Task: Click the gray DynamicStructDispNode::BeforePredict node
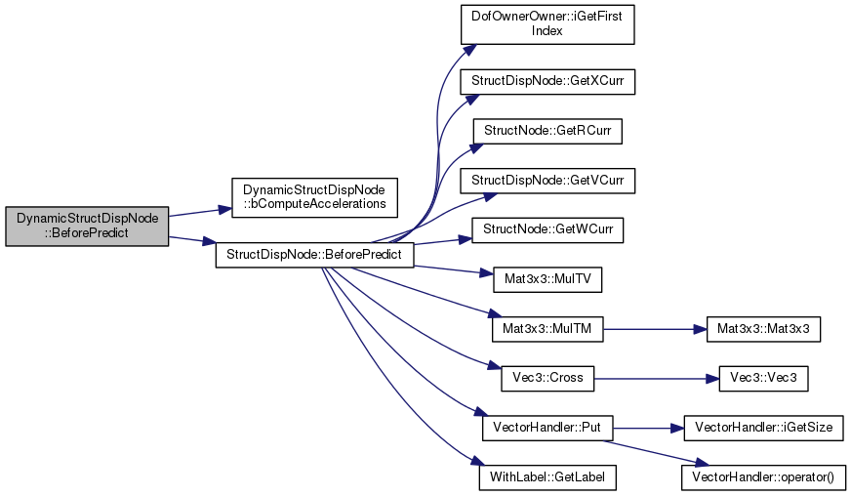pos(88,227)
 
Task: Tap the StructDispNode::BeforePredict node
pos(314,255)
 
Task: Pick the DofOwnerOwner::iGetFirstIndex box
pos(547,22)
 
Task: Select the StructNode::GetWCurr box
pos(547,230)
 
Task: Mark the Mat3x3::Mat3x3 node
pos(762,331)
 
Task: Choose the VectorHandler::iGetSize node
pos(762,428)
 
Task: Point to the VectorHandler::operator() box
pos(762,477)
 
